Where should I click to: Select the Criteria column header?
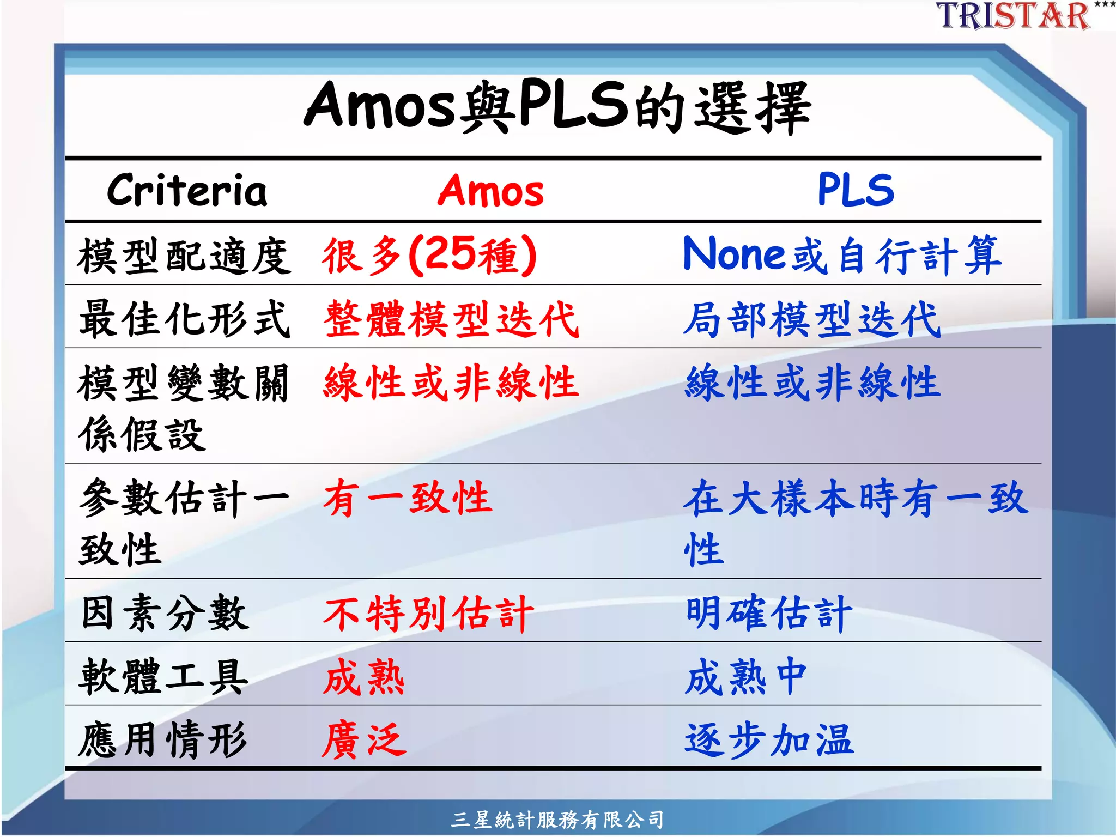[187, 191]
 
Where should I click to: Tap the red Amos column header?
[490, 191]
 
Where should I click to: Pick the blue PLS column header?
[856, 190]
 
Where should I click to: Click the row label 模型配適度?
[184, 256]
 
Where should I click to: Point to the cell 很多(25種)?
[429, 255]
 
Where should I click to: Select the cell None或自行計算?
[842, 255]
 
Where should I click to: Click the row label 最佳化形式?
[184, 319]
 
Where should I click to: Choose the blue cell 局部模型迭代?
[812, 319]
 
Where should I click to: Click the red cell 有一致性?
[408, 498]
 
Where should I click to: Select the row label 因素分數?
[165, 613]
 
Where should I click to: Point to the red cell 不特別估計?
[428, 613]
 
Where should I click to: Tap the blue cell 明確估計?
[768, 613]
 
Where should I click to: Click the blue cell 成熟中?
[745, 677]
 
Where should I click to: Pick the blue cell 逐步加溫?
[768, 740]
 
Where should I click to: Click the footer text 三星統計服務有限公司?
[557, 820]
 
